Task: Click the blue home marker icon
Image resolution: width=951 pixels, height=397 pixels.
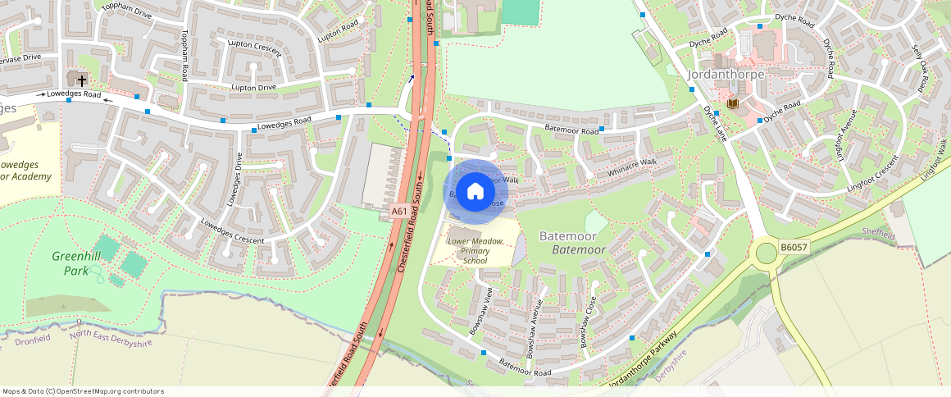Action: pyautogui.click(x=475, y=192)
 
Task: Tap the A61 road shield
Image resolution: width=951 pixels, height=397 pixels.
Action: pyautogui.click(x=399, y=212)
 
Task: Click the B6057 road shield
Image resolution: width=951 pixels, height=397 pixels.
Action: pyautogui.click(x=793, y=246)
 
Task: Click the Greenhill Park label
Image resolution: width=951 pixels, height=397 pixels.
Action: pyautogui.click(x=75, y=262)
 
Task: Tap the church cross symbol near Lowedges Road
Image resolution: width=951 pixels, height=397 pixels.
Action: pyautogui.click(x=81, y=79)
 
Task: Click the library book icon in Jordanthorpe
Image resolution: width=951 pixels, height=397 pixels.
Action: pyautogui.click(x=733, y=103)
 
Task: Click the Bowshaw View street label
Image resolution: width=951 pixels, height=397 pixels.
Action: pyautogui.click(x=480, y=314)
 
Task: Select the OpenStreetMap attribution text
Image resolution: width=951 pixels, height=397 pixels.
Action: pyautogui.click(x=83, y=391)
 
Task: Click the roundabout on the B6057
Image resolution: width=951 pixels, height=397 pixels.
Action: pyautogui.click(x=767, y=253)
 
